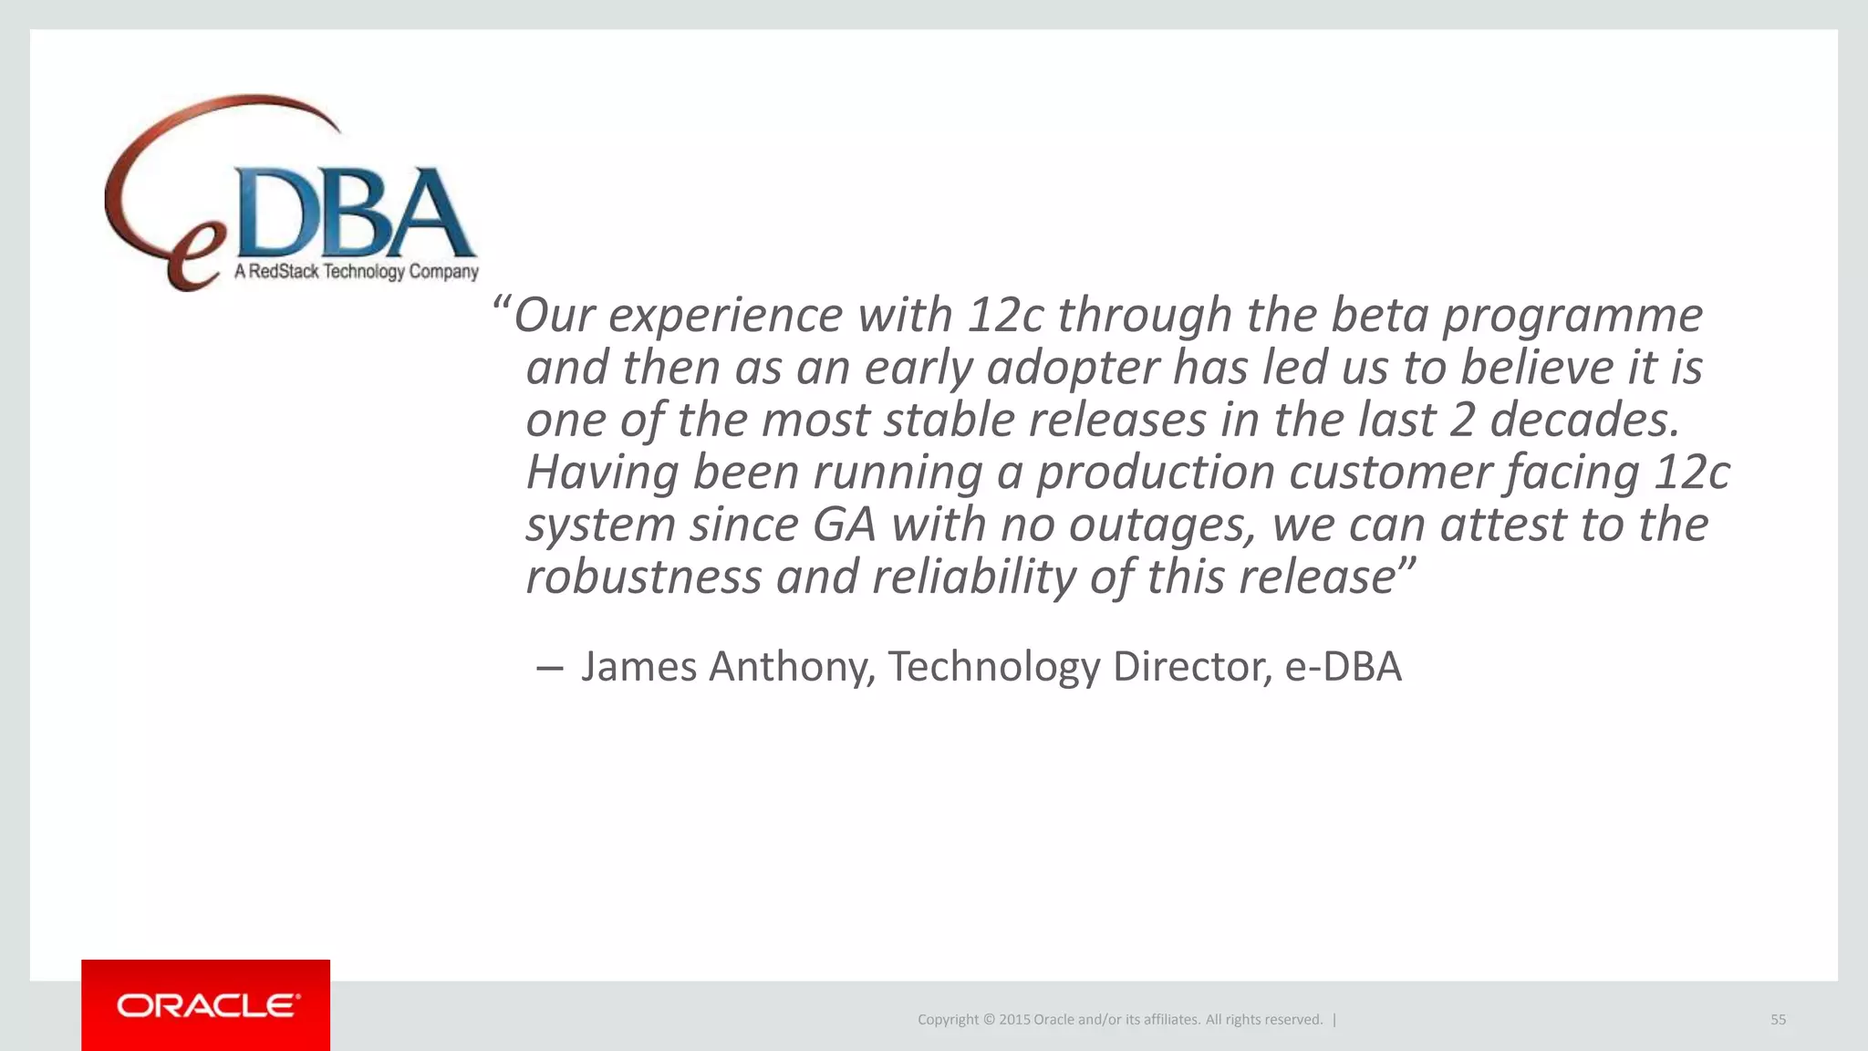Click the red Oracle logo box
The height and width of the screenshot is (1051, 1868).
(205, 1004)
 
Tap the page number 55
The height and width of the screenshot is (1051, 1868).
(1778, 1019)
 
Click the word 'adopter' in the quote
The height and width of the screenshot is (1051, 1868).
(1073, 368)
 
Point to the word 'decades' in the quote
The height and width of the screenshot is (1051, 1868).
(1584, 420)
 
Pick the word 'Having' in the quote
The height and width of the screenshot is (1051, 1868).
(602, 473)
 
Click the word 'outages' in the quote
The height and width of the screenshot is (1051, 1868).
(1161, 525)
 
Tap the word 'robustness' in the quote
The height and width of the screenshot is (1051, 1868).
(643, 577)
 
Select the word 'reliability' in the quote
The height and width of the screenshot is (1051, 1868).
(974, 577)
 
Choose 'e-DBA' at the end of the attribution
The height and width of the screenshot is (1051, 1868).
(1343, 666)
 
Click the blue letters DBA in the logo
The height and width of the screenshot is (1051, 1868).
(357, 212)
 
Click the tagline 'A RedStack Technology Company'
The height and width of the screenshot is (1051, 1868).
(357, 271)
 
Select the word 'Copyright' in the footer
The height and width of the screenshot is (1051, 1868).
(947, 1019)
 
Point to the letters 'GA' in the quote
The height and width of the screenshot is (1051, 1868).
(844, 525)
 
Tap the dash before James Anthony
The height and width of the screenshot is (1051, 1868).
(549, 668)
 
